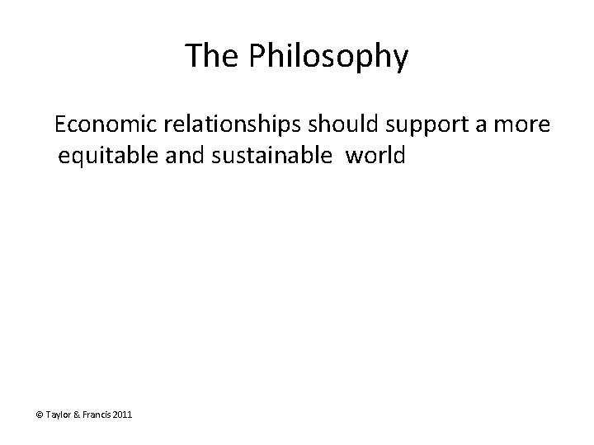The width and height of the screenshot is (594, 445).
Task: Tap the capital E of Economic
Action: (x=61, y=126)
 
